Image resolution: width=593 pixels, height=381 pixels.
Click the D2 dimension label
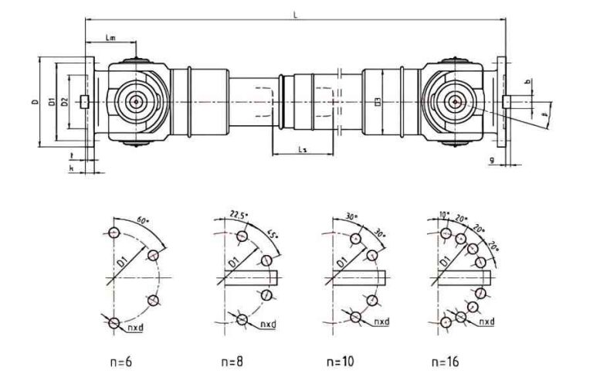(66, 102)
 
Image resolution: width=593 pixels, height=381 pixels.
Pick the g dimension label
(492, 160)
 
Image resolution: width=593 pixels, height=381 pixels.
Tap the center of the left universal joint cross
(137, 100)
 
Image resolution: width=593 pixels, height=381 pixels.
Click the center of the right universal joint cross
(454, 100)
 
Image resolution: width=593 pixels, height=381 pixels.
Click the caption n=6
(123, 361)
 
